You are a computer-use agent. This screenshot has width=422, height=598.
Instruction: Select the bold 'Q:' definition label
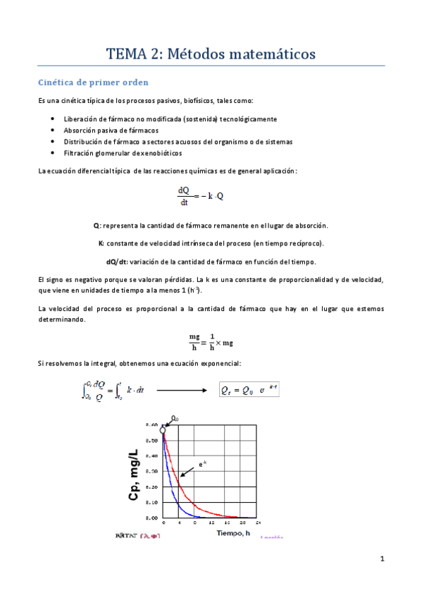pos(97,226)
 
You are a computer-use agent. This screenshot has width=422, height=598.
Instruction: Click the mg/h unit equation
pos(211,341)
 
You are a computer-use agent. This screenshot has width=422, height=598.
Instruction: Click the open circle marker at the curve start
pos(163,429)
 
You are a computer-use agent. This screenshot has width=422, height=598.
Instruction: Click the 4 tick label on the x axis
pos(179,523)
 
